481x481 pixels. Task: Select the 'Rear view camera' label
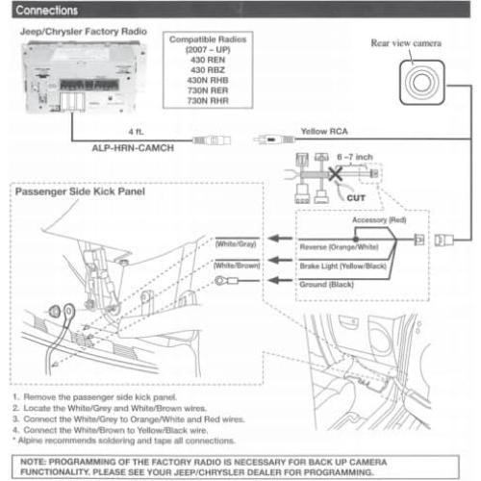407,43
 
